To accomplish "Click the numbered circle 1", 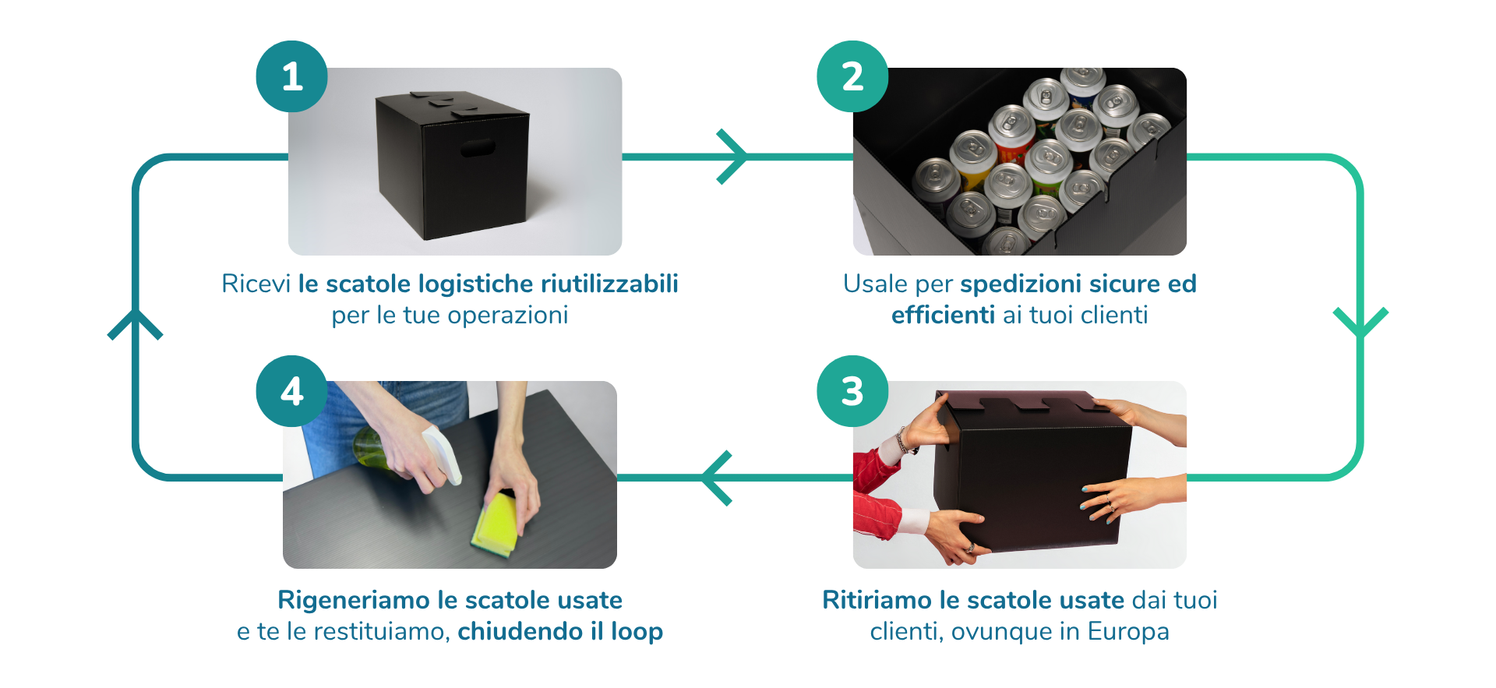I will coord(291,76).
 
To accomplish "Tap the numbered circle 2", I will coord(852,76).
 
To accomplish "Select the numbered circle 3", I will coord(852,391).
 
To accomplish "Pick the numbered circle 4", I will coord(291,391).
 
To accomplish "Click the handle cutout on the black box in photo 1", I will coord(477,148).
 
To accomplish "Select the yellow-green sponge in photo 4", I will coord(496,524).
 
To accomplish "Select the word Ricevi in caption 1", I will coord(256,284).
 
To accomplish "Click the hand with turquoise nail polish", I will coord(1122,499).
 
